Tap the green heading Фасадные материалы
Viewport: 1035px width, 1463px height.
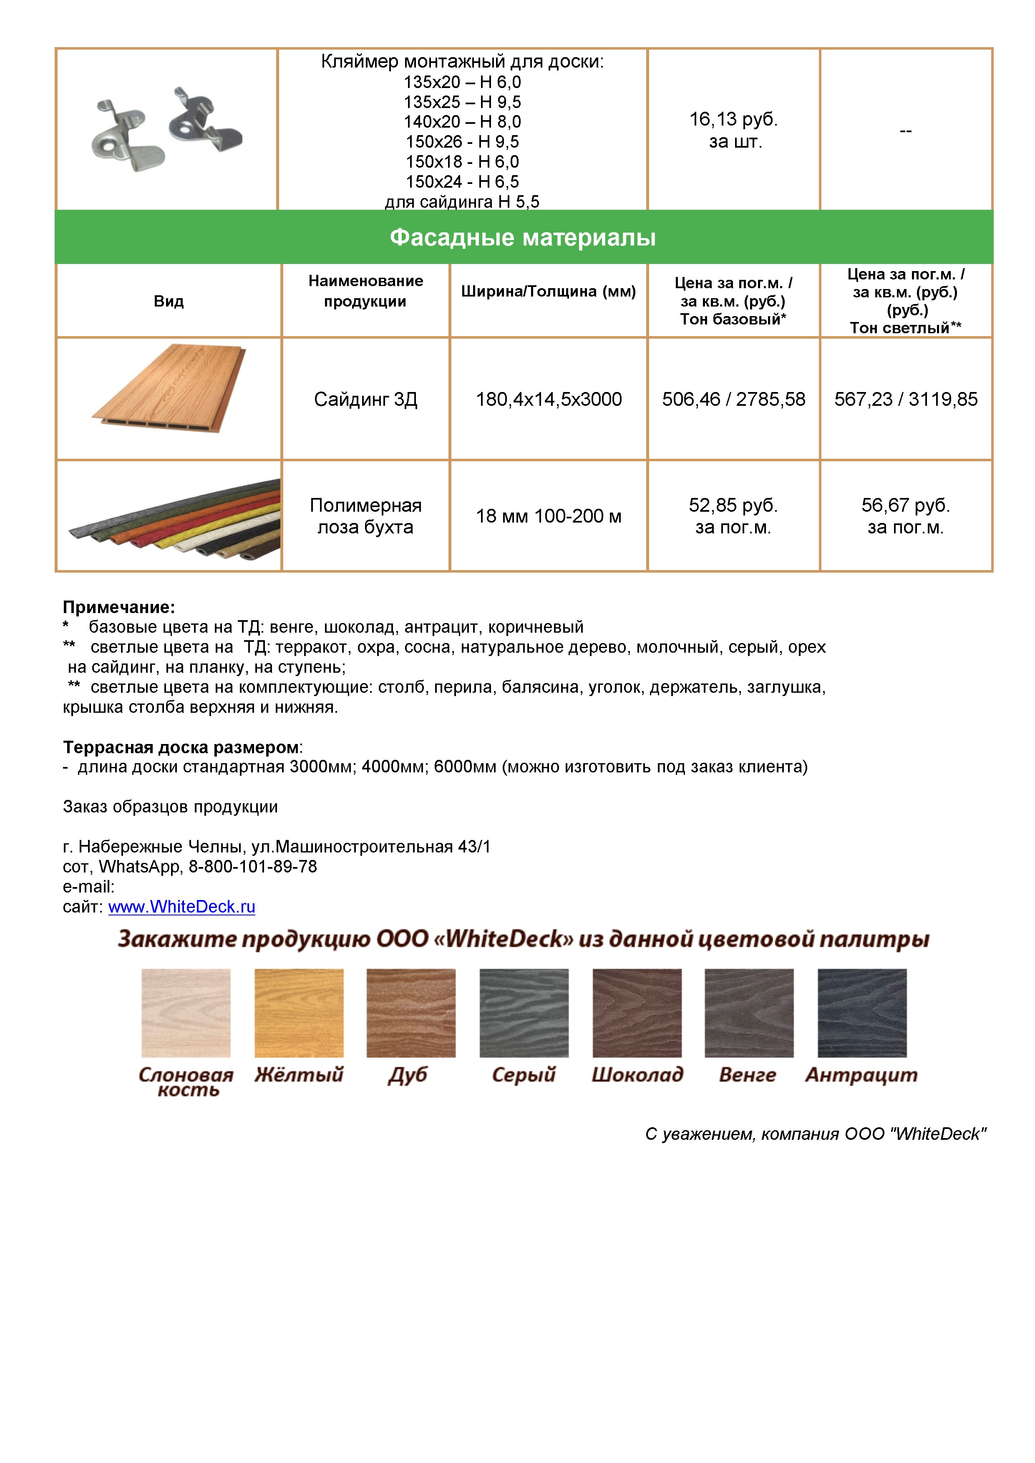pyautogui.click(x=523, y=238)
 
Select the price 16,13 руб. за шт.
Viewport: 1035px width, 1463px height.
pyautogui.click(x=733, y=130)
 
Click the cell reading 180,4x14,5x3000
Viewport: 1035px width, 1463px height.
pyautogui.click(x=549, y=400)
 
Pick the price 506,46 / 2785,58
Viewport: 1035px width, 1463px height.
pyautogui.click(x=733, y=400)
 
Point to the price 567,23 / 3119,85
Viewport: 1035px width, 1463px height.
pyautogui.click(x=906, y=400)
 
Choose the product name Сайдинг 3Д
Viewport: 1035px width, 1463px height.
pyautogui.click(x=366, y=400)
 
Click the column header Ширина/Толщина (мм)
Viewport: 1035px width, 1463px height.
pyautogui.click(x=549, y=292)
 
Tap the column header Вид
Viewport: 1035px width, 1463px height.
pyautogui.click(x=169, y=302)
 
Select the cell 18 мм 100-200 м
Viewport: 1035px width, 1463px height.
pyautogui.click(x=549, y=516)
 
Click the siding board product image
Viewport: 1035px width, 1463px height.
pyautogui.click(x=169, y=389)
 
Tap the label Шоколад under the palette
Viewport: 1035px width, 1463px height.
pyautogui.click(x=637, y=1075)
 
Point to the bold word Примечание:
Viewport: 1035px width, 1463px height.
pyautogui.click(x=118, y=607)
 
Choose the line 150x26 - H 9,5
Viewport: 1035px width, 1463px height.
pyautogui.click(x=462, y=141)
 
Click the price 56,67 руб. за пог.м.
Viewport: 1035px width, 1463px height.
pyautogui.click(x=906, y=516)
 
